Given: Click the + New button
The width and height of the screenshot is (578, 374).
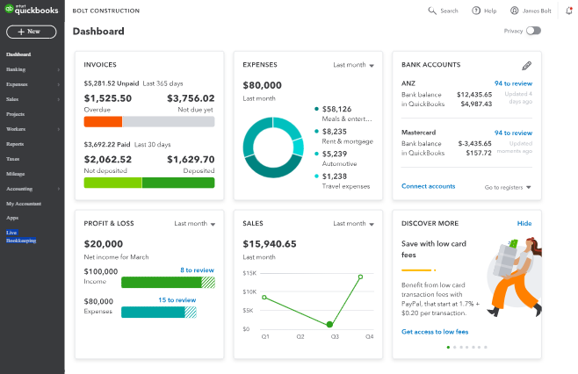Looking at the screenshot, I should pyautogui.click(x=32, y=32).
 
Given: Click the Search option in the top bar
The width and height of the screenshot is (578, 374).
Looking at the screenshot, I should pyautogui.click(x=443, y=11).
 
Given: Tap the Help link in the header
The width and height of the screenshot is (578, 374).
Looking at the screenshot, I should pyautogui.click(x=484, y=11).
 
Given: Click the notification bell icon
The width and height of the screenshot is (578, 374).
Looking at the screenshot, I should pyautogui.click(x=568, y=11).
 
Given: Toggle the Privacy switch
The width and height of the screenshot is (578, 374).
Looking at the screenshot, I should pyautogui.click(x=533, y=31).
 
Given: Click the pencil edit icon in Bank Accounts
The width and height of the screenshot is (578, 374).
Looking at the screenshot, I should pyautogui.click(x=526, y=65).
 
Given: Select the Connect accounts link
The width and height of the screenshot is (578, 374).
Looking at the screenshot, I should pyautogui.click(x=428, y=186).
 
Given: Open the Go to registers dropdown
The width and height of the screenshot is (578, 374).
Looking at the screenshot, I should pyautogui.click(x=509, y=187).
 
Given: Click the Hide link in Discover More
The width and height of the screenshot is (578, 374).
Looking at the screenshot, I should pyautogui.click(x=524, y=224).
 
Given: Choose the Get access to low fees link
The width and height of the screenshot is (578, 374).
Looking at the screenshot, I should pyautogui.click(x=435, y=332).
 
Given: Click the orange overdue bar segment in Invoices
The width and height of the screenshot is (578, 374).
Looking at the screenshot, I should pyautogui.click(x=103, y=122).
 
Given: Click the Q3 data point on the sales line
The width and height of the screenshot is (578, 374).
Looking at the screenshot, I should pyautogui.click(x=329, y=325).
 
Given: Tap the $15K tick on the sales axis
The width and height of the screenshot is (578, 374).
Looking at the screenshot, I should pyautogui.click(x=249, y=273).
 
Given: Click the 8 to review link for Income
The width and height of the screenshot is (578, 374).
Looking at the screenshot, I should pyautogui.click(x=197, y=270).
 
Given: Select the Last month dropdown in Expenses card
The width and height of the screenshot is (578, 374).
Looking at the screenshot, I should pyautogui.click(x=353, y=65).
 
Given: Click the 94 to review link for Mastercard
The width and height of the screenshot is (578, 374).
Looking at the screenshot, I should pyautogui.click(x=513, y=133).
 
